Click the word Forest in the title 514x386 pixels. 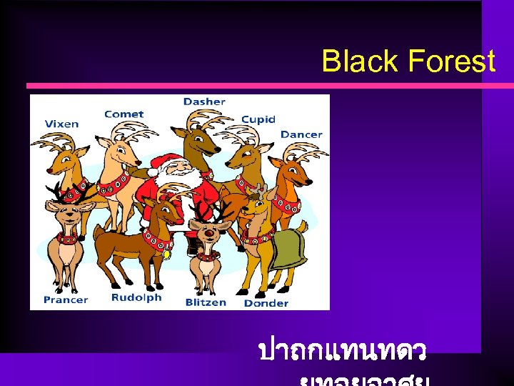pos(451,61)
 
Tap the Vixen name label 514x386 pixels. pos(61,124)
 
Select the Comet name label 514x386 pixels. pos(124,114)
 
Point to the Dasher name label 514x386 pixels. pos(203,102)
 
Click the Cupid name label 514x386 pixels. pos(258,119)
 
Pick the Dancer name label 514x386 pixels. pos(301,134)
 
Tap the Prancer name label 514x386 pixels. pos(66,300)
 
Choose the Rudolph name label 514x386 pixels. pos(136,297)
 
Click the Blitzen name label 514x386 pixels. pos(207,302)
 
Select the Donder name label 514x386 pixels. pos(266,303)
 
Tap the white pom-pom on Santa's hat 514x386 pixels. pos(153,172)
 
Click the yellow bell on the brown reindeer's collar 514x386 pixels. pos(166,254)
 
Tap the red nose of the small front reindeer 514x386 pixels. pos(209,232)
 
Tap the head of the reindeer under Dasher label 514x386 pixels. pos(202,147)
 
